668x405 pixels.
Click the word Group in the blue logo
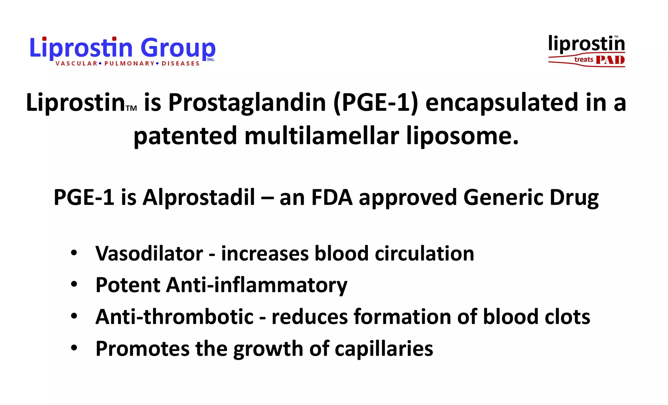(x=178, y=48)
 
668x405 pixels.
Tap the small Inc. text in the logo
(x=211, y=60)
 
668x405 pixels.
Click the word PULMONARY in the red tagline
(x=129, y=64)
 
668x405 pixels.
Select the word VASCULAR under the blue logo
(x=76, y=64)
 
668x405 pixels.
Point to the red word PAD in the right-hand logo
(x=610, y=60)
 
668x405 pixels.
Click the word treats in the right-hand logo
(x=584, y=60)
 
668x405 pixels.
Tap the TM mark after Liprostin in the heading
(x=131, y=108)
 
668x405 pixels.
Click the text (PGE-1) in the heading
(x=375, y=102)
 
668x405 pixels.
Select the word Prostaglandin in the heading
(x=247, y=102)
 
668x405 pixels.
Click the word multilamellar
(x=322, y=136)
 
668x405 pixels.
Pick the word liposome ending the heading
(x=462, y=136)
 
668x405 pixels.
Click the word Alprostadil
(x=199, y=197)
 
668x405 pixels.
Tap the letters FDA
(x=332, y=197)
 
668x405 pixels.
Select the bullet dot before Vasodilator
(x=74, y=253)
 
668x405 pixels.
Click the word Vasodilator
(x=149, y=253)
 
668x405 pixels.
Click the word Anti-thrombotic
(x=174, y=317)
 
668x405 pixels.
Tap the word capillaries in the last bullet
(x=384, y=349)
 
